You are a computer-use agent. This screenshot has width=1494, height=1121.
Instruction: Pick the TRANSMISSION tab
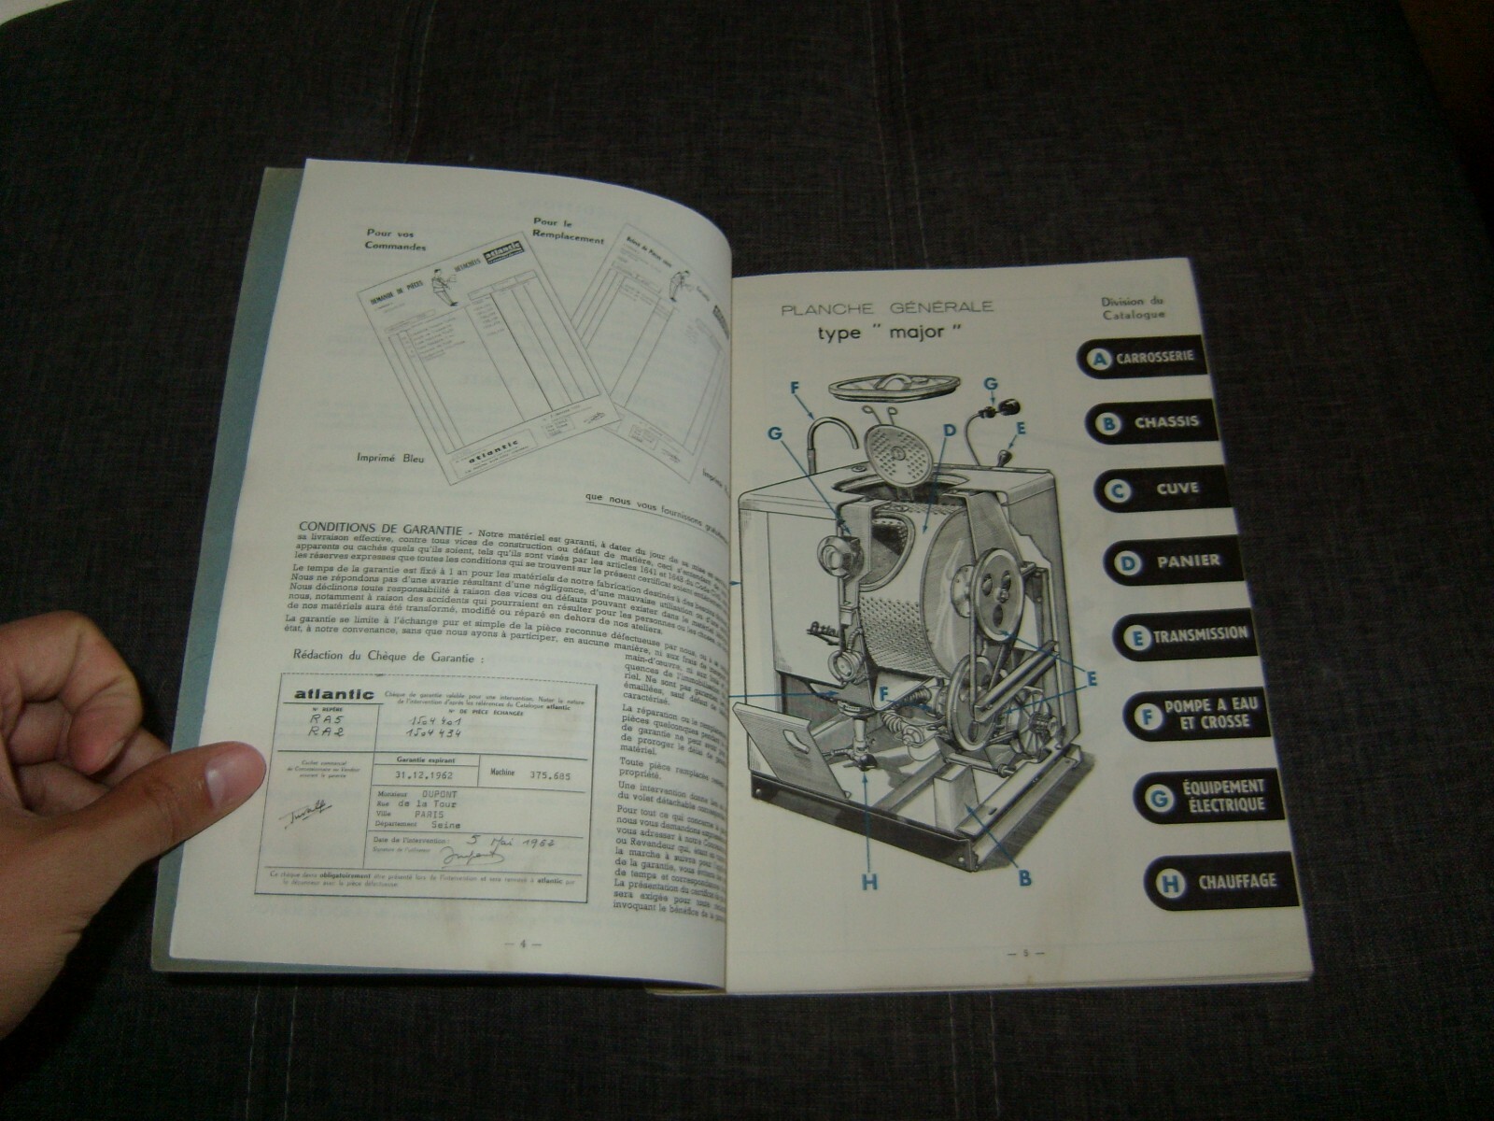(1186, 634)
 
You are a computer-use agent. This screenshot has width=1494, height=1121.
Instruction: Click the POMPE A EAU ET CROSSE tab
(1195, 714)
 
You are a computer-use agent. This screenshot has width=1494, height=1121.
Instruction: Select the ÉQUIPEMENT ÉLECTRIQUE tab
(1205, 796)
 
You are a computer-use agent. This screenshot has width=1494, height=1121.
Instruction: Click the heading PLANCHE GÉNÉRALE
(887, 307)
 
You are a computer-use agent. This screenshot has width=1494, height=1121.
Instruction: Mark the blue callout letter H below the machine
(870, 882)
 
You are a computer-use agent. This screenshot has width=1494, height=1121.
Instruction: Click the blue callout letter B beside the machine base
(1024, 877)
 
